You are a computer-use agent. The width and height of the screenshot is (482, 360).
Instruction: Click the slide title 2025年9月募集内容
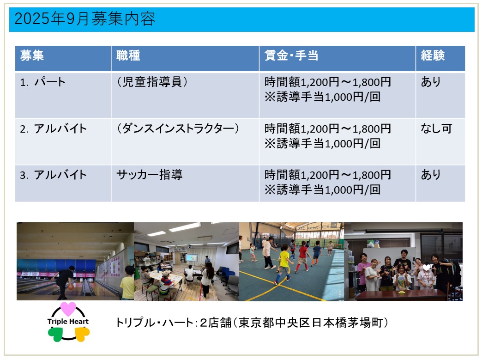tap(85, 19)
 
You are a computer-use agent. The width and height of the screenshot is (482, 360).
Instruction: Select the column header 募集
tap(32, 56)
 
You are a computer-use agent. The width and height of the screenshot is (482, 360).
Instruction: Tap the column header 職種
tap(128, 56)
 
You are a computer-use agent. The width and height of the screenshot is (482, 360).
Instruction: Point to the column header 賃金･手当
tap(291, 56)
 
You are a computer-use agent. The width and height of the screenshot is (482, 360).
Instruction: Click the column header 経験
tap(433, 56)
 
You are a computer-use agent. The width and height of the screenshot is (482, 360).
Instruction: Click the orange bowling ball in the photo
tap(71, 287)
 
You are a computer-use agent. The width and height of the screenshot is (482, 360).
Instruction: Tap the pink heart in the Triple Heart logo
tap(68, 309)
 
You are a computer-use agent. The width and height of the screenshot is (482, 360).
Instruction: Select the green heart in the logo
tap(55, 334)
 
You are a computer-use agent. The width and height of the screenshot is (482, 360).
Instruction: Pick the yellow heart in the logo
tap(82, 334)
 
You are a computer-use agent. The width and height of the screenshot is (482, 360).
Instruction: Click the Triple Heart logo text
tap(68, 322)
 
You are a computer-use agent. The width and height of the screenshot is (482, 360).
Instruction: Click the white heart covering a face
tap(426, 267)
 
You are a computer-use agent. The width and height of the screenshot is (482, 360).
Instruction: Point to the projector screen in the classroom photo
tap(192, 258)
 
